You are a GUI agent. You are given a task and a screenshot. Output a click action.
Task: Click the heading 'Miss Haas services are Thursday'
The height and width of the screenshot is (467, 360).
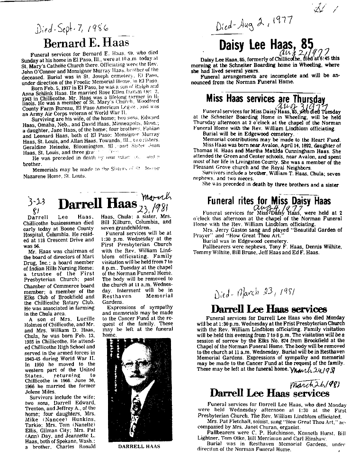pos(266,99)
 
